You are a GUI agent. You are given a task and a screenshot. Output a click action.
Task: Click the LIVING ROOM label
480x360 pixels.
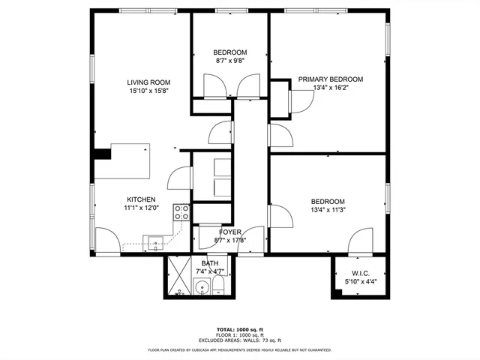pyautogui.click(x=148, y=82)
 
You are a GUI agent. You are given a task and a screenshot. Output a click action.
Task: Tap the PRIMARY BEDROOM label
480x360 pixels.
pyautogui.click(x=330, y=79)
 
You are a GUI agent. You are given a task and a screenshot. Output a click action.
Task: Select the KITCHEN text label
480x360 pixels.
pyautogui.click(x=140, y=199)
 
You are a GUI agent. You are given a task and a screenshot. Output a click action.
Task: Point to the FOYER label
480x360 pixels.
pyautogui.click(x=229, y=232)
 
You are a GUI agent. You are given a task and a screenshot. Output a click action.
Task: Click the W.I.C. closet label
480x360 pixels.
pyautogui.click(x=359, y=274)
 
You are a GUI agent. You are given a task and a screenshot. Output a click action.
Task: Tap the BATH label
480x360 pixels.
pyautogui.click(x=209, y=263)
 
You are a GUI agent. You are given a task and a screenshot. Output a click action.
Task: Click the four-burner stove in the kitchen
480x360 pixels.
pyautogui.click(x=181, y=212)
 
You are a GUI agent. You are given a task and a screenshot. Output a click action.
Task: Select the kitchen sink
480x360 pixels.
pyautogui.click(x=155, y=241)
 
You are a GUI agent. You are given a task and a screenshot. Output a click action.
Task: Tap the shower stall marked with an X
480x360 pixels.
pyautogui.click(x=178, y=277)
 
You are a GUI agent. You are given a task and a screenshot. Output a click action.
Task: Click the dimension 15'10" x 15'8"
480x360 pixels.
pyautogui.click(x=148, y=91)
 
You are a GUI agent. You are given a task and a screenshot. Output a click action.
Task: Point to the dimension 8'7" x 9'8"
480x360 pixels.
pyautogui.click(x=230, y=61)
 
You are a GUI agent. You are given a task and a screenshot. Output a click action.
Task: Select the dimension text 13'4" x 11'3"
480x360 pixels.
pyautogui.click(x=328, y=210)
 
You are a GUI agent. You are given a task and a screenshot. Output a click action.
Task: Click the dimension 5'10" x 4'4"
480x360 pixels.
pyautogui.click(x=359, y=282)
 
